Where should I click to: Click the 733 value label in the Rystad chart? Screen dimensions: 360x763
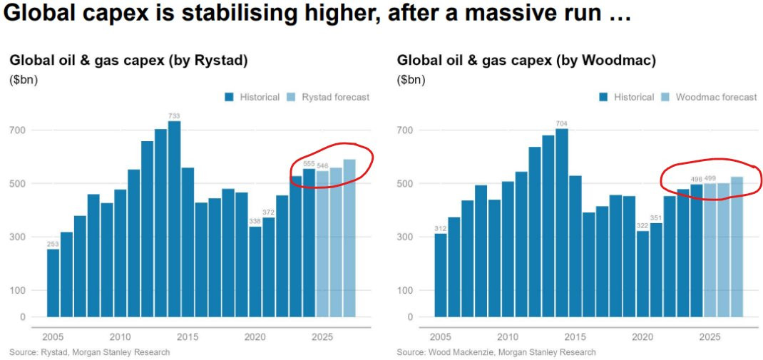point(174,115)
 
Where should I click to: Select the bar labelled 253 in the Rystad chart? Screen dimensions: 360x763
point(53,282)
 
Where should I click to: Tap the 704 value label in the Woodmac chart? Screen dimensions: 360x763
point(562,123)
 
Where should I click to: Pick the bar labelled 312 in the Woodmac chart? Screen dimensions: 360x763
point(441,274)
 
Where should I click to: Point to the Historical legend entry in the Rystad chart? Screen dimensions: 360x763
point(252,97)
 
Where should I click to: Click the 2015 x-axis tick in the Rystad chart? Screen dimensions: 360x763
point(188,336)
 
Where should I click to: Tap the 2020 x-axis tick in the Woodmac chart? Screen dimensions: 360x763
point(642,336)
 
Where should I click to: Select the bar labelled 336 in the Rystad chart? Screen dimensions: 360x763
point(255,272)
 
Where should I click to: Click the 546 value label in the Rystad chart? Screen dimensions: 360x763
point(322,165)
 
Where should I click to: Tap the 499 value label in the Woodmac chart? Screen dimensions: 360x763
point(710,178)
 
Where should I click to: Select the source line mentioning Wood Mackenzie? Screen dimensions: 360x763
point(496,352)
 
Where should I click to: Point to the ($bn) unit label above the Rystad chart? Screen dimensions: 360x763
point(24,80)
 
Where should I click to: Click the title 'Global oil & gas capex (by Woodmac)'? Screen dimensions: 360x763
point(526,61)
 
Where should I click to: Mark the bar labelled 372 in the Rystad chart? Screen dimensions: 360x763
point(268,267)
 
